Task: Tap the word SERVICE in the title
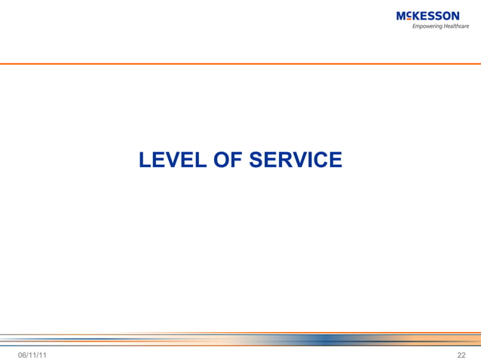[x=296, y=160]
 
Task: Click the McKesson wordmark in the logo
[x=427, y=16]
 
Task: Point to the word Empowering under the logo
[x=426, y=26]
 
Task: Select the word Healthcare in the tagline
[x=456, y=26]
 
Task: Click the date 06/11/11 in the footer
[x=31, y=354]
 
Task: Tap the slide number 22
[x=461, y=354]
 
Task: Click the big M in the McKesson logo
[x=400, y=16]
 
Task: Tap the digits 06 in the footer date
[x=22, y=354]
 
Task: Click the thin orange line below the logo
[x=240, y=64]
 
